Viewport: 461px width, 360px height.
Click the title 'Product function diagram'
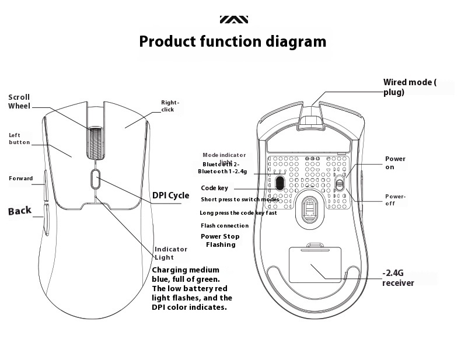(x=232, y=42)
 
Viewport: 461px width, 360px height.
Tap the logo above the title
(x=233, y=19)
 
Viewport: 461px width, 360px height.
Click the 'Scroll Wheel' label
(x=19, y=102)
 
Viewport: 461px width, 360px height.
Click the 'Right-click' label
(x=170, y=106)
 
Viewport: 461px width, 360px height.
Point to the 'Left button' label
(x=19, y=138)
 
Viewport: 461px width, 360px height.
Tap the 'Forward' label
(x=20, y=178)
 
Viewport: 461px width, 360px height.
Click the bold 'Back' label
(x=20, y=211)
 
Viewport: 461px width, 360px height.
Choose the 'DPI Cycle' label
(x=170, y=195)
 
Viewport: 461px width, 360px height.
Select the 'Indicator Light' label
(x=171, y=253)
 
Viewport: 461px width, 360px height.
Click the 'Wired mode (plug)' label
(x=409, y=87)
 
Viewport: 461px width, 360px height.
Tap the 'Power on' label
(x=394, y=163)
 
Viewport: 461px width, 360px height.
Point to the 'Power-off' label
(x=394, y=200)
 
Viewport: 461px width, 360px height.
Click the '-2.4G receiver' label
(x=398, y=278)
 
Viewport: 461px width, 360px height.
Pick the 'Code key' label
(x=214, y=188)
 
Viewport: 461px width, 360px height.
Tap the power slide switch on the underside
(x=340, y=183)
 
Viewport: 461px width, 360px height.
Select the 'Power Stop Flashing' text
(x=220, y=240)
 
